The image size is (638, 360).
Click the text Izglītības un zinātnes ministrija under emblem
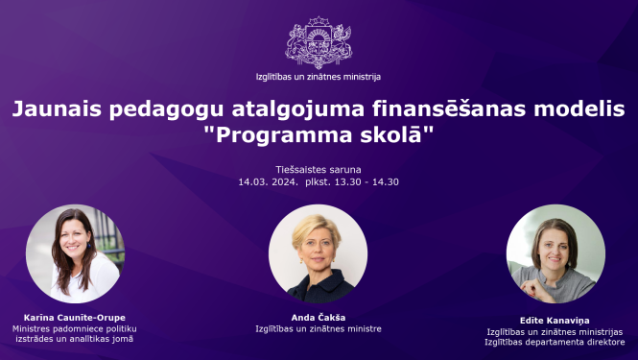pyautogui.click(x=319, y=76)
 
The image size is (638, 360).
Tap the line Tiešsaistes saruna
pyautogui.click(x=319, y=169)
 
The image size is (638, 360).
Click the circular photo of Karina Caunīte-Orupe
pyautogui.click(x=73, y=253)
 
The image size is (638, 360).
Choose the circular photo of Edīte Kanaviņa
pyautogui.click(x=555, y=253)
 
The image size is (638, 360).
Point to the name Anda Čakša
pyautogui.click(x=318, y=316)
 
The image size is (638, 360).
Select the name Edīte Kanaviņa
pyautogui.click(x=555, y=320)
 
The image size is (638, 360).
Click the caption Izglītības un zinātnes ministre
pyautogui.click(x=318, y=328)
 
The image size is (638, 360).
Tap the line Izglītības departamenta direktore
pyautogui.click(x=555, y=342)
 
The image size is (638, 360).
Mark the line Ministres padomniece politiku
pyautogui.click(x=73, y=327)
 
